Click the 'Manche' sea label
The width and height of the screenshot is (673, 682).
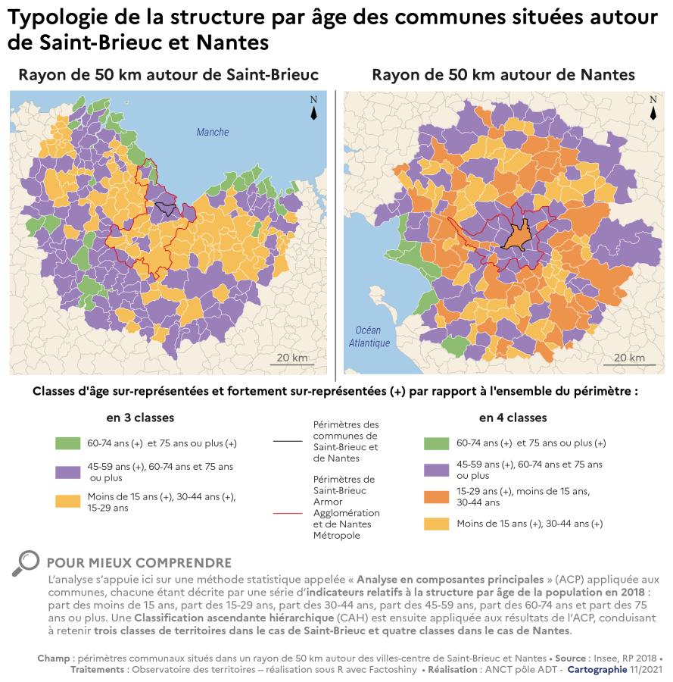tap(212, 133)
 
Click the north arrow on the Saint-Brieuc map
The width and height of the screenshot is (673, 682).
tap(313, 109)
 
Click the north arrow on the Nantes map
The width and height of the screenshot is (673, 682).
tap(653, 109)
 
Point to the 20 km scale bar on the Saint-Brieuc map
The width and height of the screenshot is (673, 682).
tap(291, 363)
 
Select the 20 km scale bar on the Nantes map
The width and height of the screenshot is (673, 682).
tap(629, 363)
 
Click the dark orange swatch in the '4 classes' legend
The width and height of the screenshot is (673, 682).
tap(437, 496)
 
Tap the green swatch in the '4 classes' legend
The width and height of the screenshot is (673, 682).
tap(437, 443)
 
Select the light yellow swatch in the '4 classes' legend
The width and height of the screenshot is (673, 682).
tap(437, 524)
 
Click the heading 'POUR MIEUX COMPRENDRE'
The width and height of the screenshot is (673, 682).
tap(139, 563)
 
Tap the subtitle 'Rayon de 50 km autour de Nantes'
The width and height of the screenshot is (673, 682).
tap(503, 74)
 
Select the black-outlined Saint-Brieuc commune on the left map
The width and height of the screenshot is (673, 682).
tap(165, 208)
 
